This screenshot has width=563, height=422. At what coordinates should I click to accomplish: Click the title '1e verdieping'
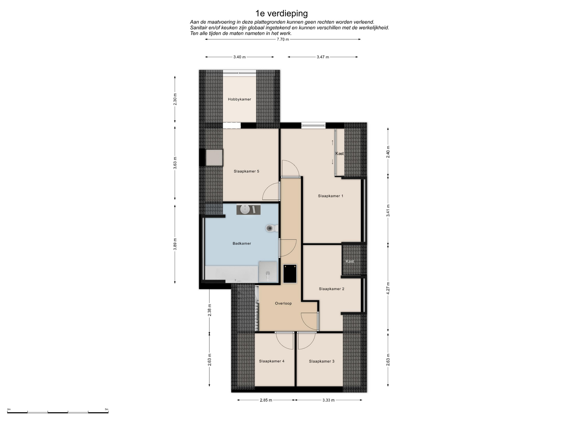[x=281, y=13]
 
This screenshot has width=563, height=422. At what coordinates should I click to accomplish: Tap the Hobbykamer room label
[x=240, y=99]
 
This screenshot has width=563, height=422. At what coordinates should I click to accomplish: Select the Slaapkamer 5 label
[x=246, y=171]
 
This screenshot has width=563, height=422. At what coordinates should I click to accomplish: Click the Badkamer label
[x=242, y=244]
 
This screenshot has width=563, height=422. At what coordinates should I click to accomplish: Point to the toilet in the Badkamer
[x=272, y=228]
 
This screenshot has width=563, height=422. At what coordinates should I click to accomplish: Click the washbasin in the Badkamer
[x=245, y=210]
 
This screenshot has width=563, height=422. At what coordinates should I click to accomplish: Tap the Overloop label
[x=283, y=304]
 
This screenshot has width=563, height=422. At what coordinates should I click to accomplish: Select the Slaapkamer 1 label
[x=330, y=196]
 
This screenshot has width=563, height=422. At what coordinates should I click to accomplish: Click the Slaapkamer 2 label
[x=332, y=289]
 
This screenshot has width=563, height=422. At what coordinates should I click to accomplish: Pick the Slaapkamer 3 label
[x=322, y=361]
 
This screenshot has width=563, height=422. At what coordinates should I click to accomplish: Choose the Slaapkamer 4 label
[x=272, y=361]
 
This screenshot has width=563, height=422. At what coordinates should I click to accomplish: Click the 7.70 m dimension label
[x=283, y=40]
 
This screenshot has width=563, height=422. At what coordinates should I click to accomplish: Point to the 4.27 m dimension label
[x=388, y=288]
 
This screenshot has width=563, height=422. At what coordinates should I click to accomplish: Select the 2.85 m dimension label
[x=266, y=400]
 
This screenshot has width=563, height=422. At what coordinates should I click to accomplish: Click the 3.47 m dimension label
[x=323, y=57]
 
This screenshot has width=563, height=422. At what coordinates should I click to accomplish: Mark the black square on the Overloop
[x=290, y=274]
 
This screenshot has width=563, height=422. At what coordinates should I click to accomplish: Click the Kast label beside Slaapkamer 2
[x=350, y=261]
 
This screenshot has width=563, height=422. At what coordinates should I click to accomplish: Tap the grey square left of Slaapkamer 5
[x=214, y=158]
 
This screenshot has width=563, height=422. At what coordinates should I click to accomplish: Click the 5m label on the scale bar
[x=106, y=409]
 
